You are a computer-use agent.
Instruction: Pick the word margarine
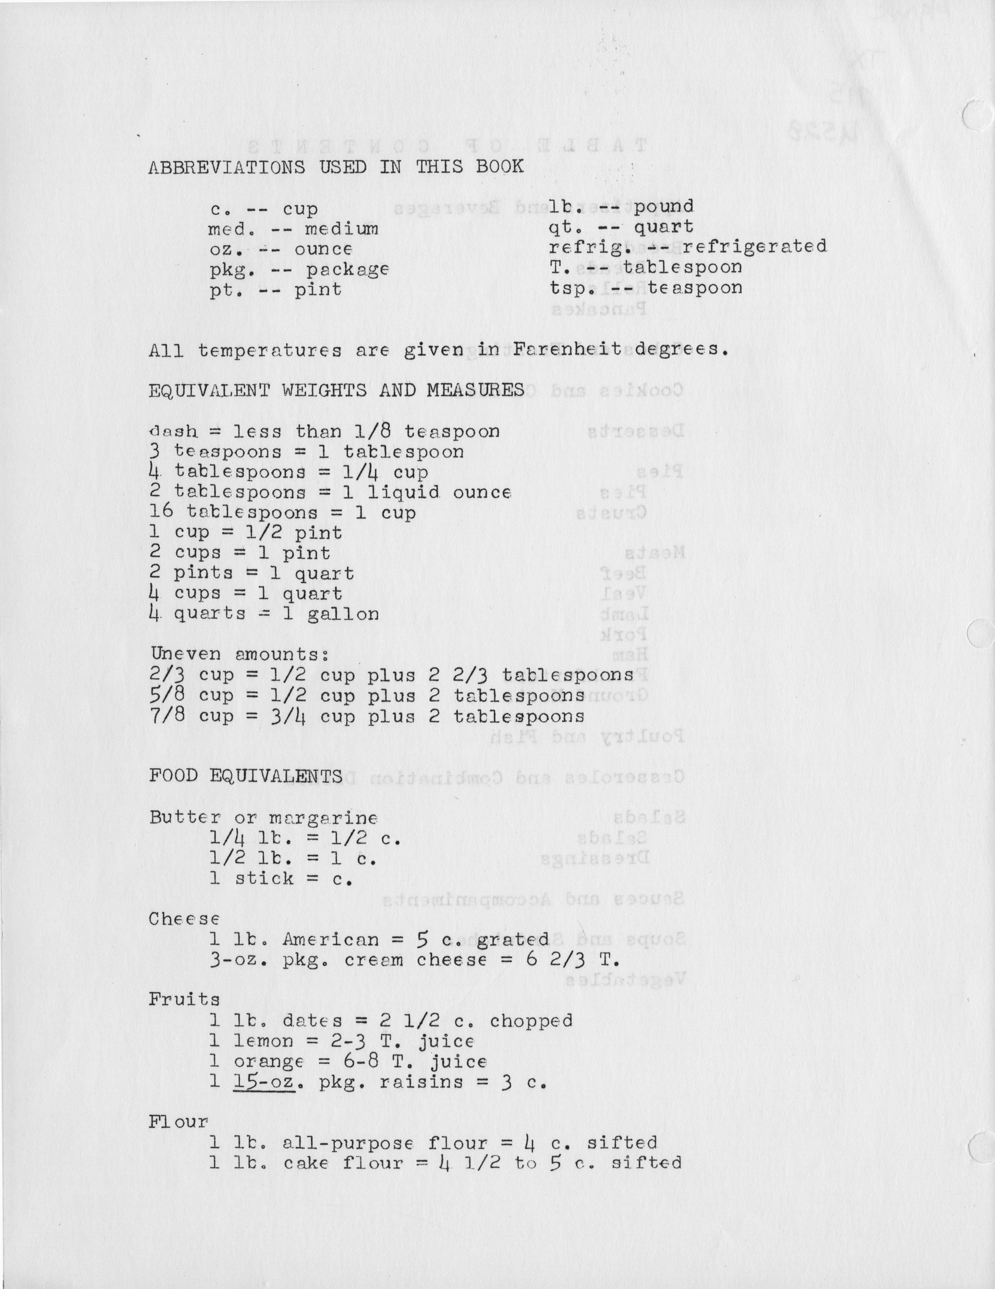323,818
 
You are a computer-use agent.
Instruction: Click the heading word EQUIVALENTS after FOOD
276,776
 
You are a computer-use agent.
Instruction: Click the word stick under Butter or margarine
264,879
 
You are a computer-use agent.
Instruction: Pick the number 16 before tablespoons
161,512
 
